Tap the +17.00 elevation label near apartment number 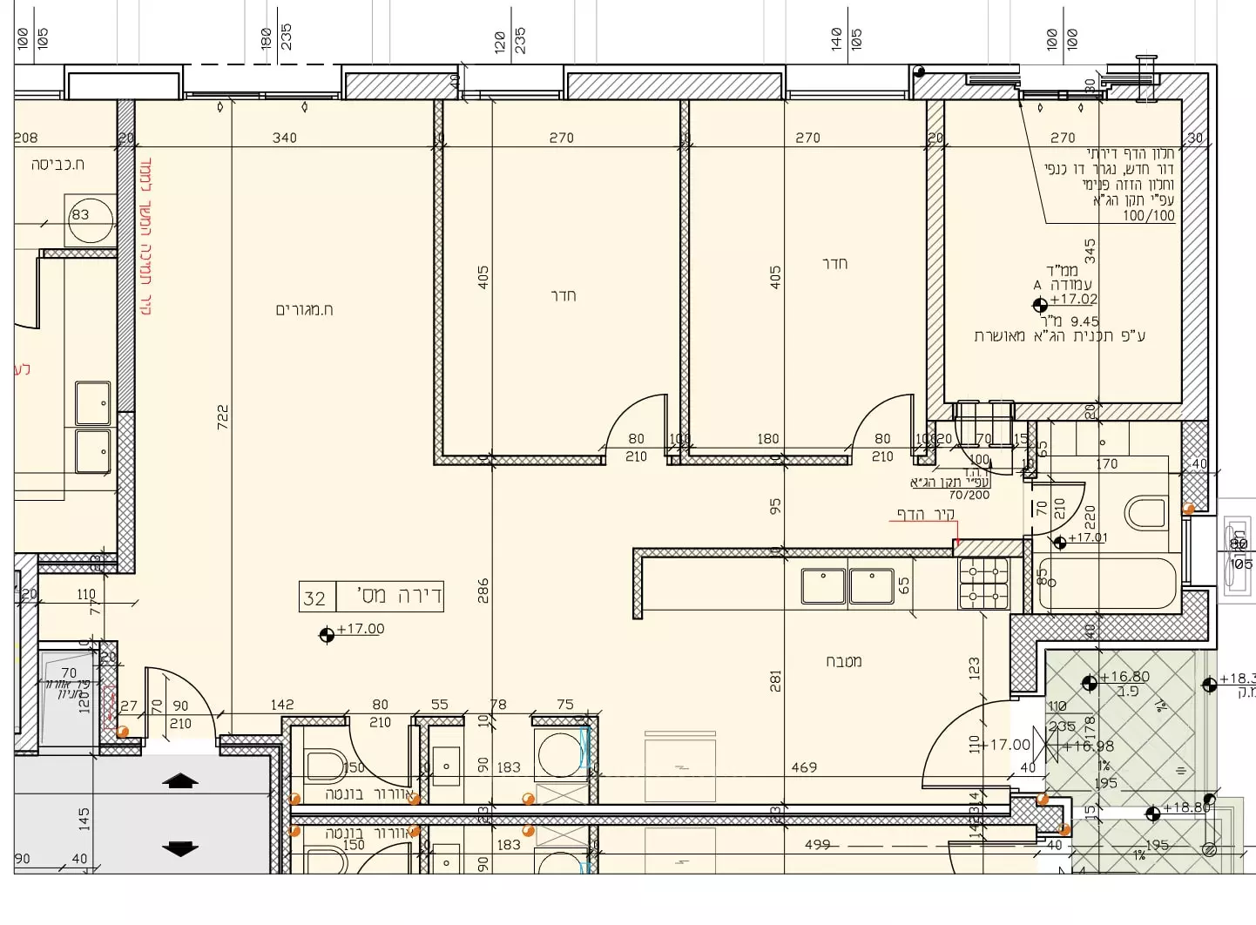pos(360,629)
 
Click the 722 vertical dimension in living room pos(223,415)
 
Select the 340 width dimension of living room pos(285,138)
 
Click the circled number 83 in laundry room pos(81,214)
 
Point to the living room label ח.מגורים pos(304,310)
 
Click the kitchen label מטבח pos(843,662)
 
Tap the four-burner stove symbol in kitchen pos(983,584)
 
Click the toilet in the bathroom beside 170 pos(1145,513)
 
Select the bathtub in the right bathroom pos(1108,583)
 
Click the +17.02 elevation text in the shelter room pos(1073,299)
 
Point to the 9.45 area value pos(1084,321)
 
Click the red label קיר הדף pos(926,514)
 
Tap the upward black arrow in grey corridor pos(180,781)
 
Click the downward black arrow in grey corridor pos(180,847)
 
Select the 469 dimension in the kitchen pos(804,767)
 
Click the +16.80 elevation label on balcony pos(1124,677)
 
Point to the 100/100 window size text pos(1148,215)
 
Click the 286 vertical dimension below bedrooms pos(483,591)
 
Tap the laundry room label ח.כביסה pos(57,164)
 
